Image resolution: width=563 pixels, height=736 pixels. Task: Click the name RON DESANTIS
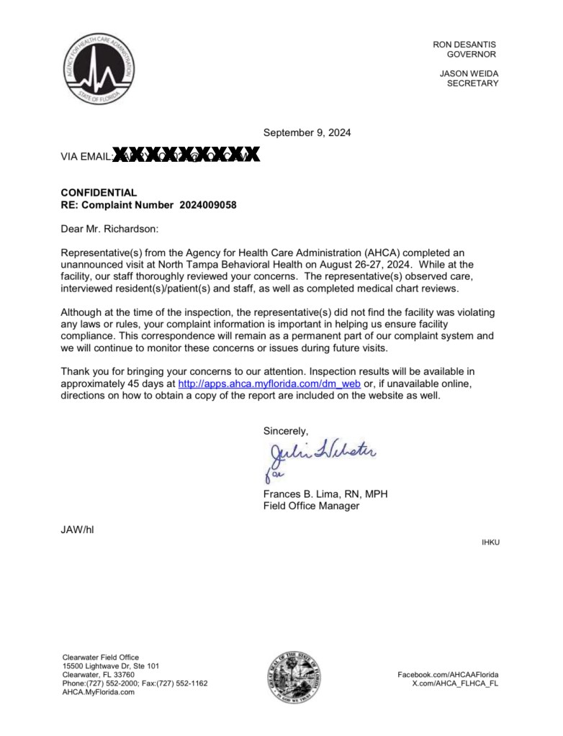(x=464, y=45)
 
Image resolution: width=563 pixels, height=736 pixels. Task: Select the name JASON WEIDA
(x=469, y=73)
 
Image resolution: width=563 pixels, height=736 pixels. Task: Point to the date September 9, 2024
(x=307, y=132)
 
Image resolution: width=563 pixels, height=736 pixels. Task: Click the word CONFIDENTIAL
(x=99, y=193)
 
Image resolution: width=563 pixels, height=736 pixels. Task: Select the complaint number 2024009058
(x=208, y=205)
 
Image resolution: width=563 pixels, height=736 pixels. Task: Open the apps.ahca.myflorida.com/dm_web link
(x=269, y=383)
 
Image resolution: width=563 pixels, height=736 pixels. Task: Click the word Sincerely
(x=286, y=431)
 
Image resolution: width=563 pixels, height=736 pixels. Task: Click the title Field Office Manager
(x=311, y=506)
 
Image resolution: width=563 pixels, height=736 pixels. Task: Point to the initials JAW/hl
(x=77, y=530)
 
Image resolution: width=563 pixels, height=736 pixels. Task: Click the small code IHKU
(x=490, y=542)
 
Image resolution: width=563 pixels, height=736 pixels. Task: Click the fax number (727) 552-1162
(x=183, y=683)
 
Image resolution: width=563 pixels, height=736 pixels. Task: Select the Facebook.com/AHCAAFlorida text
(x=448, y=674)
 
